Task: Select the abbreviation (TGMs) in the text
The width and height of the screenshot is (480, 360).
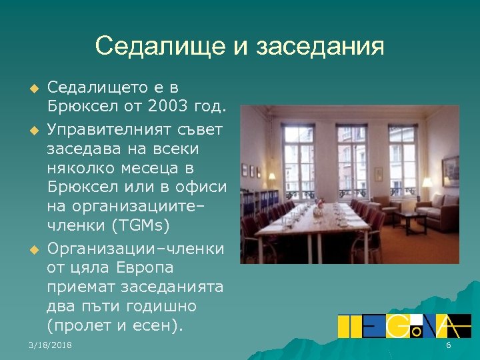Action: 140,222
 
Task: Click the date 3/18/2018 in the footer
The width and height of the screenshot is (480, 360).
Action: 51,345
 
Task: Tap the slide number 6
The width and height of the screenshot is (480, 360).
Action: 448,345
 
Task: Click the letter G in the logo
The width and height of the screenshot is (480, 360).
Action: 397,325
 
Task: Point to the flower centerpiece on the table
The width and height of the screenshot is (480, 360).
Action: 319,209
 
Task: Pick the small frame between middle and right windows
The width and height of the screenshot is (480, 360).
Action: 378,175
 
